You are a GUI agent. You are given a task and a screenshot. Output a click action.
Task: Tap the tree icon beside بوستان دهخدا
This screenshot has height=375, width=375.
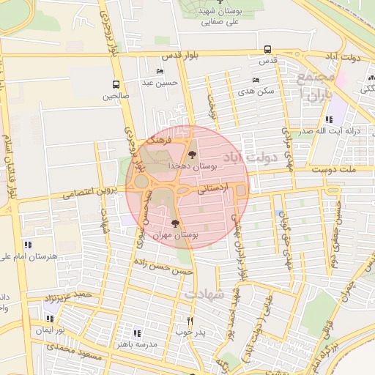(193, 155)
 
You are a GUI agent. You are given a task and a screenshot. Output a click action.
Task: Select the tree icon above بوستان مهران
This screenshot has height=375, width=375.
(174, 223)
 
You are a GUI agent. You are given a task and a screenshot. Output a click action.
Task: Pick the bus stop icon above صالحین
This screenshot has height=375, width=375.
(115, 84)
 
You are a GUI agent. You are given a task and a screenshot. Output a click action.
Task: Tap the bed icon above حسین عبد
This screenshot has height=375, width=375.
(160, 72)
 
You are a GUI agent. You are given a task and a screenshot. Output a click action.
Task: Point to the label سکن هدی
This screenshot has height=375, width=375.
(256, 91)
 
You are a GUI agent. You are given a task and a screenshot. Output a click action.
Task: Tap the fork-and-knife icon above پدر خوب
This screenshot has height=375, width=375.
(190, 320)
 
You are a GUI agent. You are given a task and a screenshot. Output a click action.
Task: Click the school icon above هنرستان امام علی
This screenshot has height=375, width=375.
(27, 244)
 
